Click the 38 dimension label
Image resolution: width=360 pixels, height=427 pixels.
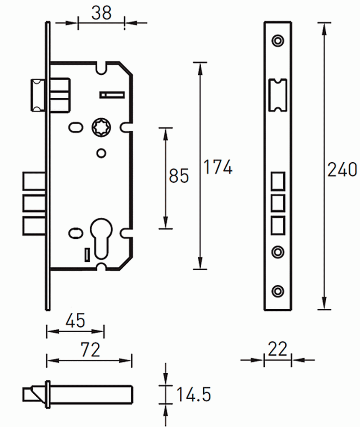pos(101,13)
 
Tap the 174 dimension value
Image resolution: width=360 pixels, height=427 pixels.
pos(218,167)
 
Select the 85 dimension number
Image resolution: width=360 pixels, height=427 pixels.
pos(179,175)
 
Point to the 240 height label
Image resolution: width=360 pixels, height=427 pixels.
pos(342,170)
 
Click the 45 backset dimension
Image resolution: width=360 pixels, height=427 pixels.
pos(76,321)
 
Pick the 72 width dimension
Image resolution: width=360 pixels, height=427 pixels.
pos(91,350)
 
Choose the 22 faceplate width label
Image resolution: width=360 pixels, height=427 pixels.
pos(277,349)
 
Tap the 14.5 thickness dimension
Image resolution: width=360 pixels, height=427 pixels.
pos(193,394)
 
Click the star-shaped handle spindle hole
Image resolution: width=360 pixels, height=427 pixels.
pos(101,127)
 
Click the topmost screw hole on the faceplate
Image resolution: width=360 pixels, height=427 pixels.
pos(278,41)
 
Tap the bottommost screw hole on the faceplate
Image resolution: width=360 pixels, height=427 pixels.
pos(278,291)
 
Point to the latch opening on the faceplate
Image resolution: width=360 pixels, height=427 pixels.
pos(278,95)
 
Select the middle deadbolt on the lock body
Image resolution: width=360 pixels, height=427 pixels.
pos(35,203)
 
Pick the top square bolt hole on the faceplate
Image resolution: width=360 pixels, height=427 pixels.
pos(278,181)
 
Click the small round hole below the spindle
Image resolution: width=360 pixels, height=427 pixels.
pos(101,153)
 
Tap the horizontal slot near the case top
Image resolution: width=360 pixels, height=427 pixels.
pos(112,95)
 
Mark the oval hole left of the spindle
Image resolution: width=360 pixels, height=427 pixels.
pos(76,127)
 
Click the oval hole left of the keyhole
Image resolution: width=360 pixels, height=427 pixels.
pos(76,233)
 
